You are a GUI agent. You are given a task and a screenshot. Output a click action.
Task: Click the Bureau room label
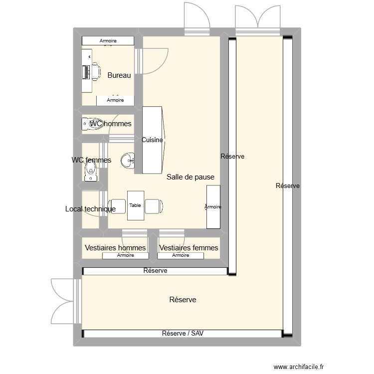tap(119, 75)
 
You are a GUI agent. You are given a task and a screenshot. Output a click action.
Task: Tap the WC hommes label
tap(111, 124)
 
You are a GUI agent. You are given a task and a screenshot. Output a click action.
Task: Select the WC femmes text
tap(91, 160)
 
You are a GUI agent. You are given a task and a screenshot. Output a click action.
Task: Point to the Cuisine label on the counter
tap(152, 140)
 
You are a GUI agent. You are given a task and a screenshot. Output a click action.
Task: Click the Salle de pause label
tap(190, 177)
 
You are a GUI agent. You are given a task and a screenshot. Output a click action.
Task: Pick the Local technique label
tap(90, 209)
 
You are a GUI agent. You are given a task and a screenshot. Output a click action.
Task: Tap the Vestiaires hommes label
tap(115, 247)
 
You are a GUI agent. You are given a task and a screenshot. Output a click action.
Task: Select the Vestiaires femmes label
tap(188, 247)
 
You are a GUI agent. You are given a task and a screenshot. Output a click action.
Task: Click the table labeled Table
tap(135, 205)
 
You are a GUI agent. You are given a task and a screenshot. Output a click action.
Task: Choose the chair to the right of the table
tap(154, 205)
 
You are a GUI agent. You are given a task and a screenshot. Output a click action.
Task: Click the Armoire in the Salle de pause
tap(213, 206)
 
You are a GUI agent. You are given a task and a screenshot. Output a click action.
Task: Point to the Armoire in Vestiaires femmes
tap(181, 255)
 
